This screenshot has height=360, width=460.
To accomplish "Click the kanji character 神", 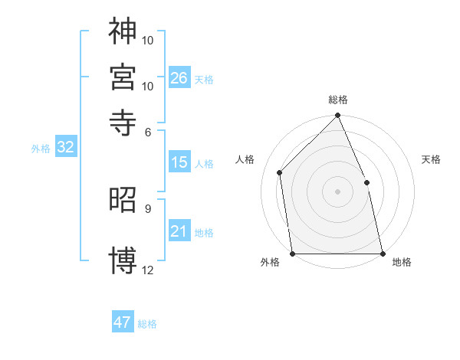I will pos(123,31).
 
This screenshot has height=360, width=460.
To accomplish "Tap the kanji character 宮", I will pos(123,77).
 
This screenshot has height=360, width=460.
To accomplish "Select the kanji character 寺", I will pos(123,122).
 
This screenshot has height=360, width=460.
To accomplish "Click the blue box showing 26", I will pos(179,77).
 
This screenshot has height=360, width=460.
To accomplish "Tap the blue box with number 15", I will pos(179,162).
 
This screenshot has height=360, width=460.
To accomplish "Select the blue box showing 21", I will pos(179,231).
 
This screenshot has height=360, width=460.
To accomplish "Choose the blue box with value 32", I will pos(65,148).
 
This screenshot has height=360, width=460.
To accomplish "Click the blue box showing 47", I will pos(122,322).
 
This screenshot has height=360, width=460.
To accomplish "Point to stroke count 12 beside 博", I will pos(148,270).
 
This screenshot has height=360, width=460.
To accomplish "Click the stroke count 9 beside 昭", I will pos(147,208).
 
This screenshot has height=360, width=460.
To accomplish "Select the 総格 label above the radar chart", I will pos(338,100).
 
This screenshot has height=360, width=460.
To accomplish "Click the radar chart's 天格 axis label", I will pos(431,159).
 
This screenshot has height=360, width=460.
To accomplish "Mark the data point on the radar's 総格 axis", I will pos(338,116).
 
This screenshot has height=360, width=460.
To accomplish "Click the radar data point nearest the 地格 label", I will pos(383,253).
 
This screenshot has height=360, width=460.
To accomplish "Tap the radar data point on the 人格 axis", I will pos(280,172).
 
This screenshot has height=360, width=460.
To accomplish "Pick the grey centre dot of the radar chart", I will pos(338,191).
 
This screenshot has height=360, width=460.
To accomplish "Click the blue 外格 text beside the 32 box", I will pos(40,149).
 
